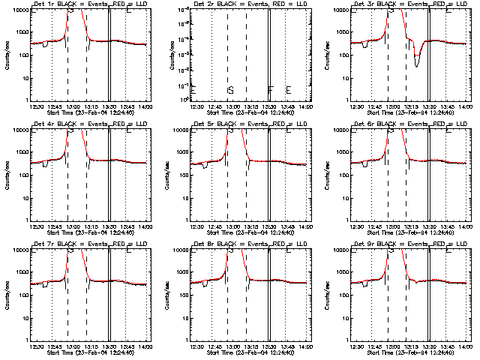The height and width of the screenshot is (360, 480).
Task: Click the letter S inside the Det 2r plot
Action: [231, 91]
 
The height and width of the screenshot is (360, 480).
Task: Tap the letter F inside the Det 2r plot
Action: [271, 91]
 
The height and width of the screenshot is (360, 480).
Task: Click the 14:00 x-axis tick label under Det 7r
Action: [145, 346]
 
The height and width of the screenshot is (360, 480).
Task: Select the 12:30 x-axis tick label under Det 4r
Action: [36, 226]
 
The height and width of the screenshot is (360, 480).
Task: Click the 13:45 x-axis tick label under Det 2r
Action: [288, 106]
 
